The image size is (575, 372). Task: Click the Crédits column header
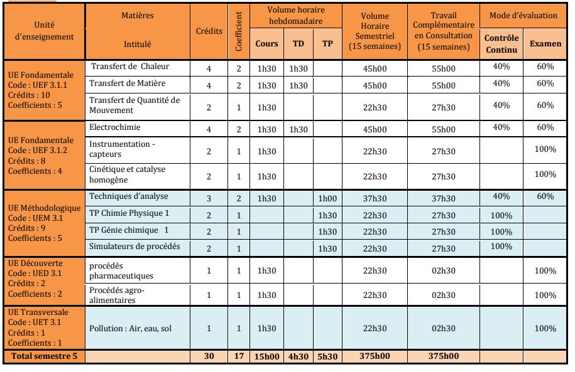pos(209,31)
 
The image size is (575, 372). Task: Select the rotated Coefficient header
pos(239,31)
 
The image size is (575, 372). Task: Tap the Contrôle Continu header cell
pos(501,43)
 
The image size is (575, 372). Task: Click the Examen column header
pos(545,43)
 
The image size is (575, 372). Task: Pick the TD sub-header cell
pos(298,44)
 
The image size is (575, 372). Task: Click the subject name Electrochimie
pos(115,127)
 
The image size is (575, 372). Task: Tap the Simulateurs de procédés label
pos(134,246)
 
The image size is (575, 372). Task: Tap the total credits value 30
pos(209,356)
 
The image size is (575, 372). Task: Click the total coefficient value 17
pos(239,356)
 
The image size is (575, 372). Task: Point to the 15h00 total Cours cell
pos(266,356)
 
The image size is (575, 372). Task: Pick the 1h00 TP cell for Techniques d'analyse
pos(327,198)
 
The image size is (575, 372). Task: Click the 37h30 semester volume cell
pos(375,198)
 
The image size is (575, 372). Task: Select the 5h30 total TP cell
pos(327,356)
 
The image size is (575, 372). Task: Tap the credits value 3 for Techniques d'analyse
pos(209,198)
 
